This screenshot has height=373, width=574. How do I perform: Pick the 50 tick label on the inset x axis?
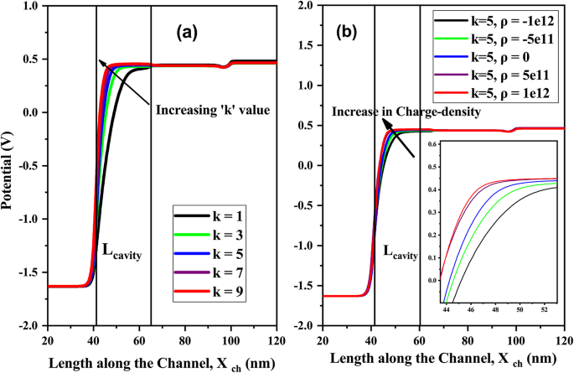(x=520, y=309)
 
